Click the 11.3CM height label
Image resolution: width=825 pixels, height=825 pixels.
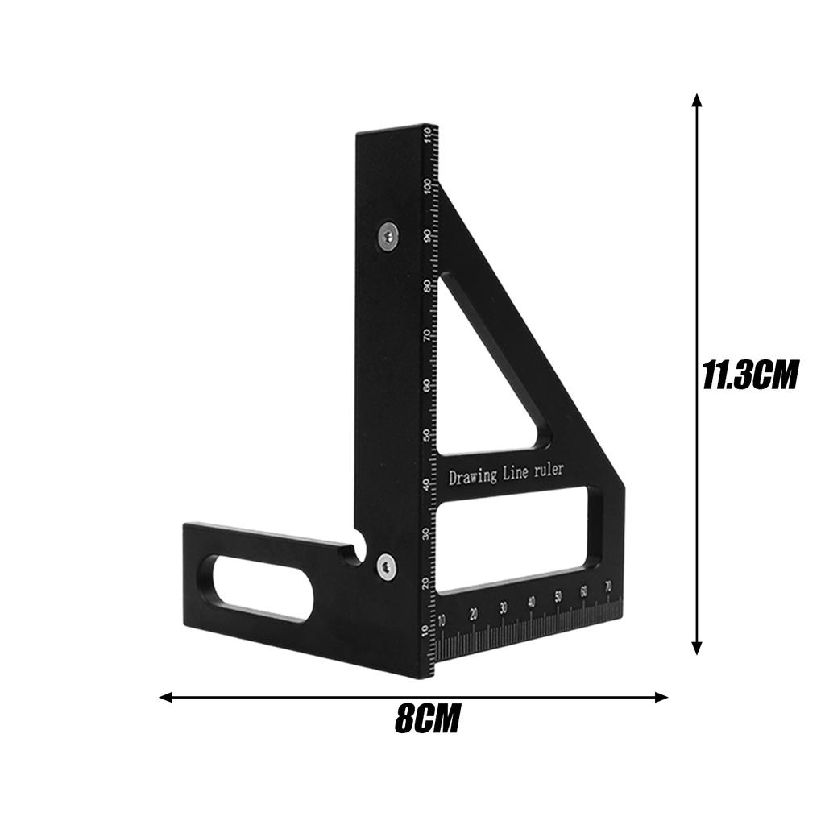tap(750, 375)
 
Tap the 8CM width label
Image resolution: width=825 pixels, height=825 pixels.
tap(427, 719)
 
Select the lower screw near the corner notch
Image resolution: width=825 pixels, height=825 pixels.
tap(386, 566)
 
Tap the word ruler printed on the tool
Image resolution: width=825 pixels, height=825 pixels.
tap(547, 470)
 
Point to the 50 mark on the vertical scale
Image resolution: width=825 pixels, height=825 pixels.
tap(426, 436)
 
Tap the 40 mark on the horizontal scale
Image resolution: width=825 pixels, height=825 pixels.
tap(531, 602)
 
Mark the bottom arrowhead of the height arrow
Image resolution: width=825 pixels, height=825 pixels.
tap(697, 649)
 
